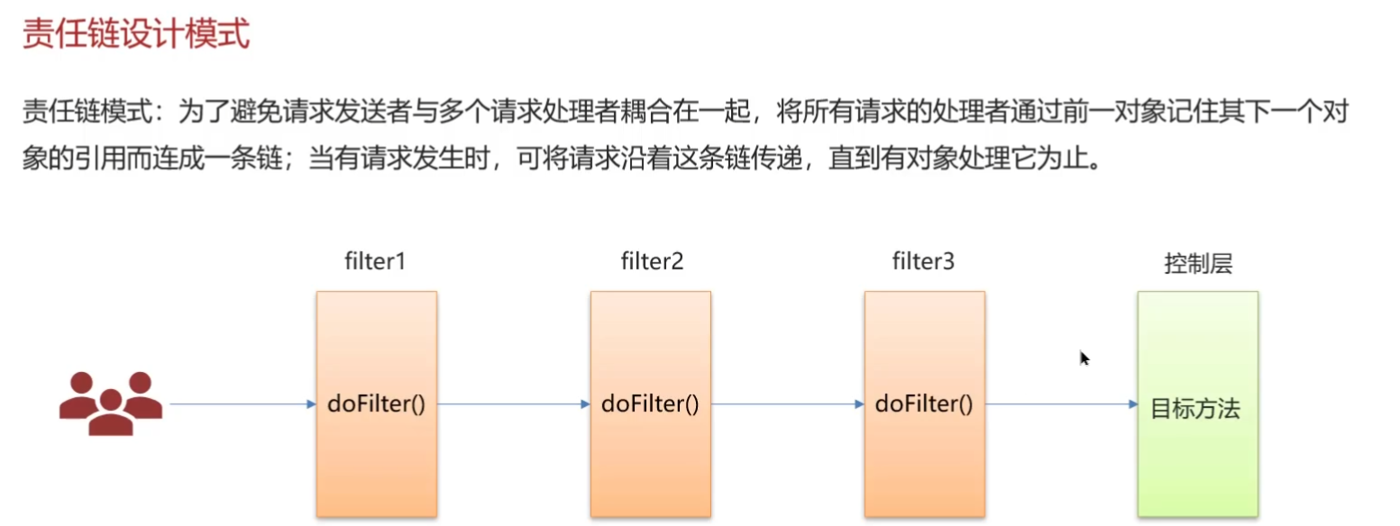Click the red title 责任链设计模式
[135, 36]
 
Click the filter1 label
[376, 262]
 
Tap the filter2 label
[652, 262]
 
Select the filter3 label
[923, 262]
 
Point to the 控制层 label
[1197, 263]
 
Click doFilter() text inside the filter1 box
[376, 404]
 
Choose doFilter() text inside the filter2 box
[651, 404]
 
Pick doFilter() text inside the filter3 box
[924, 404]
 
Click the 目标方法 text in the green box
[1196, 409]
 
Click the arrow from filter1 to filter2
[513, 404]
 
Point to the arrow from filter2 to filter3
[787, 404]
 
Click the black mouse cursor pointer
[1084, 358]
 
